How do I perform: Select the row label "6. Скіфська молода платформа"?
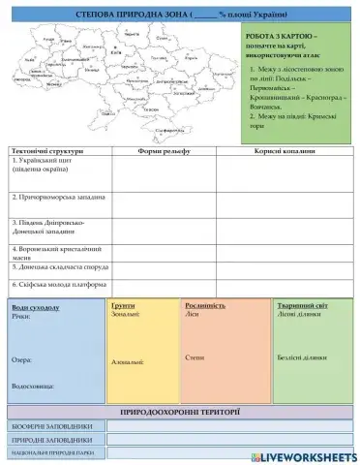[58, 285]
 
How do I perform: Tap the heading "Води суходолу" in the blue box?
[38, 307]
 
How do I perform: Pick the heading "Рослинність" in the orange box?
[204, 305]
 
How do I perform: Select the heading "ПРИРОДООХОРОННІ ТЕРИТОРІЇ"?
[180, 413]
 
